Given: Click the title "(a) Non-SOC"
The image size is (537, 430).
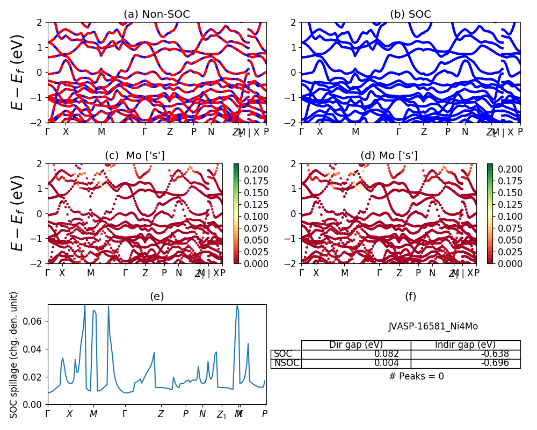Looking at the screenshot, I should [156, 14].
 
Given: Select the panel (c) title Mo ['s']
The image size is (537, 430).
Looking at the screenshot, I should [134, 155].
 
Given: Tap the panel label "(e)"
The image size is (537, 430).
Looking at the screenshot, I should [156, 296].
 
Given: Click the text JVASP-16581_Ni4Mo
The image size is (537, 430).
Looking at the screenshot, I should [433, 326].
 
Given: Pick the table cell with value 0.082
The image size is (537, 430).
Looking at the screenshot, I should [356, 354].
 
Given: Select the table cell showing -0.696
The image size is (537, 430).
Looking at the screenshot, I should [466, 363].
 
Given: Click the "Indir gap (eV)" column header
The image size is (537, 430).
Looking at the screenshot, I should [465, 345].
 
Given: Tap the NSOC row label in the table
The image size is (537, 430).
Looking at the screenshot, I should [286, 363].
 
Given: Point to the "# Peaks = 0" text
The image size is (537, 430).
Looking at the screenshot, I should [416, 376].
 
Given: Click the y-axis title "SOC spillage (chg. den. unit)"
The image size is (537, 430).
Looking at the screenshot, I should [14, 355].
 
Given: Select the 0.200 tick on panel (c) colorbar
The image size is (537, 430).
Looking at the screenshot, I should [249, 169].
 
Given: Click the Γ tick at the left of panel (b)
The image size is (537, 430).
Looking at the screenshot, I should [301, 131].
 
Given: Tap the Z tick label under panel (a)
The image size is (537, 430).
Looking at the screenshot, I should [170, 131].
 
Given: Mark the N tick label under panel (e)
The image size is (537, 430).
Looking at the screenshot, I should [202, 414].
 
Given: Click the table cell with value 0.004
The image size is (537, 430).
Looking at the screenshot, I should [356, 363].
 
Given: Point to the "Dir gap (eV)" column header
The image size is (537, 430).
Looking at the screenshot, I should [356, 345].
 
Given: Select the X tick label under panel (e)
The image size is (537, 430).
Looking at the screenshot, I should [69, 414].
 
